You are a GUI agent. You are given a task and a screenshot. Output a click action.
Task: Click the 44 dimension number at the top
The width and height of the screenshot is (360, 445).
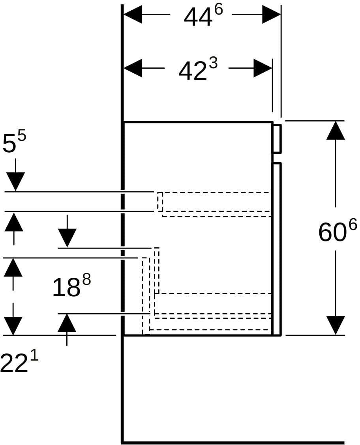point(198,18)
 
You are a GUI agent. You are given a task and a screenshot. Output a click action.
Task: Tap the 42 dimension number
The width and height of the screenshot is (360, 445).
point(193,71)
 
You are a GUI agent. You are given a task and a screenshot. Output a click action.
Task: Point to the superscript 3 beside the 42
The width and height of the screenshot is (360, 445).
point(213,63)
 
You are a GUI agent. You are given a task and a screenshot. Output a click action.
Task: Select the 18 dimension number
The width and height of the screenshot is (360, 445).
point(66,288)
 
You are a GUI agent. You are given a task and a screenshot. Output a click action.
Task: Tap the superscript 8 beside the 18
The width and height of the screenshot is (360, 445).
point(86,280)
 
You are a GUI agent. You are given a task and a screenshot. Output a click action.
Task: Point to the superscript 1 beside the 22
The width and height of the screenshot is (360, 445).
point(34,355)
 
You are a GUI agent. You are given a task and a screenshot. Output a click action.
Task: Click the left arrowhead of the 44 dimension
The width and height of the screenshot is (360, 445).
point(133,14)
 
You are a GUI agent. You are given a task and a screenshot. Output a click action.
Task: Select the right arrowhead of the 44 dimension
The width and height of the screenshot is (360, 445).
point(272,14)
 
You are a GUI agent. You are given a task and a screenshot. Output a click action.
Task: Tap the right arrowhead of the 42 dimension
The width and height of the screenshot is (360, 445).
point(263,68)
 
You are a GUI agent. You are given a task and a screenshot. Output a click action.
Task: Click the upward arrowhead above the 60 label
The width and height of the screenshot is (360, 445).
point(336,130)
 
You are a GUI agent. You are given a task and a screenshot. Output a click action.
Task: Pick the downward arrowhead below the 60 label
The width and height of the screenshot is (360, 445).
point(336,325)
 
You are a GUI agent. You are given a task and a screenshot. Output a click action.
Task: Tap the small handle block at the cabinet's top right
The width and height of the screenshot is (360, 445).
point(277,139)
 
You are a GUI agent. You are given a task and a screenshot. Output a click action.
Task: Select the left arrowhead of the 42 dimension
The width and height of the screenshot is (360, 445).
point(133,68)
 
